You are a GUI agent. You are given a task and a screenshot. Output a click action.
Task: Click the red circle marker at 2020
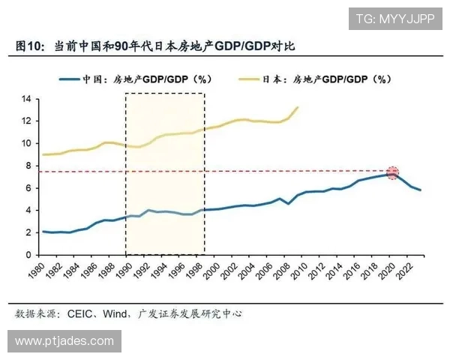coord(392,173)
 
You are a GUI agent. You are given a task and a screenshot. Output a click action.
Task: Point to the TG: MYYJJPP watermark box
coord(394,18)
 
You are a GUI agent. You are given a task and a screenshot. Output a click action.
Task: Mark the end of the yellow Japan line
coord(298,106)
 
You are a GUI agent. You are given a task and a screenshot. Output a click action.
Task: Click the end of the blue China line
coord(421,190)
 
